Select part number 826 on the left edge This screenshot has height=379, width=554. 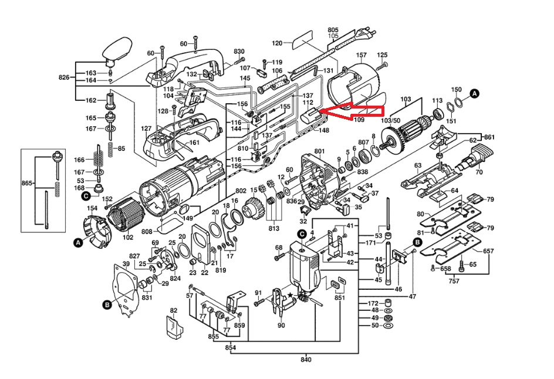pos(65,77)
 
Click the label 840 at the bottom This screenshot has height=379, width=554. pos(305,359)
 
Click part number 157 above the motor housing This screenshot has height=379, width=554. pos(362,55)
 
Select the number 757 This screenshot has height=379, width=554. pos(454,281)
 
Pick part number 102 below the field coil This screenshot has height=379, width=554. pos(128,238)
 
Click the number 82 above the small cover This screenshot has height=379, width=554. pos(173,310)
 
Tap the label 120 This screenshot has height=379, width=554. pos(278,43)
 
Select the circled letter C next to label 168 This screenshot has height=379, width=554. pos(86,195)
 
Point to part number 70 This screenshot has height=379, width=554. pos(478,172)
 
